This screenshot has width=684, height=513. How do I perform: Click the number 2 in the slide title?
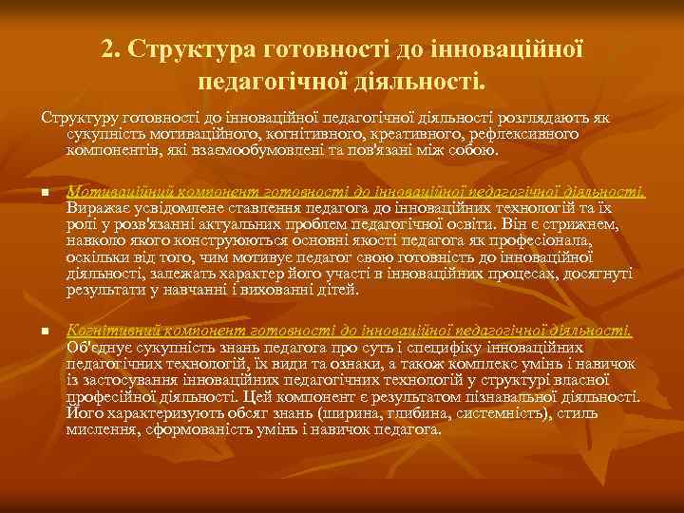(108, 48)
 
